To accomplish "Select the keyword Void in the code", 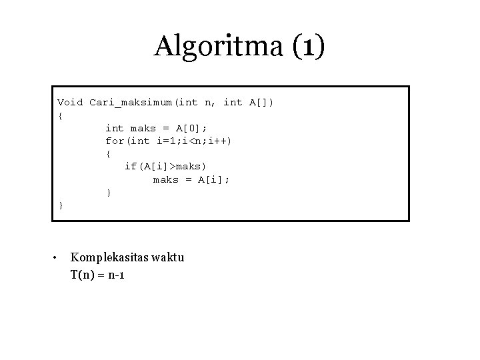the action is pyautogui.click(x=70, y=103).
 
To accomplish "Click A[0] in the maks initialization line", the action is pyautogui.click(x=191, y=128).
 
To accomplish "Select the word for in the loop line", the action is pyautogui.click(x=115, y=141).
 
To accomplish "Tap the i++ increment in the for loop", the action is pyautogui.click(x=220, y=141).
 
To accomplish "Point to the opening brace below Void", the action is pyautogui.click(x=61, y=115).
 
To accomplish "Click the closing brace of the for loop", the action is pyautogui.click(x=109, y=193).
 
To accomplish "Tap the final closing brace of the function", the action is pyautogui.click(x=61, y=205).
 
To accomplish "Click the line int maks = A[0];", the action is pyautogui.click(x=156, y=128).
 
